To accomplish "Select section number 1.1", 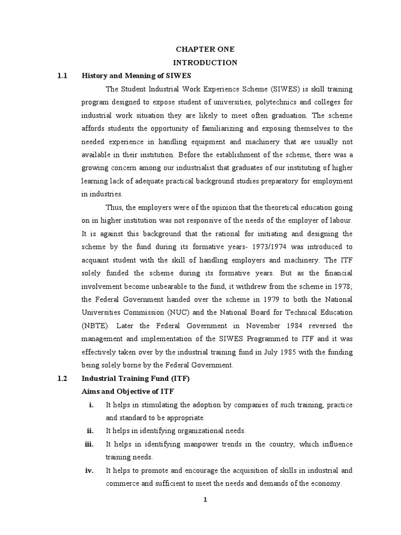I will (63, 76).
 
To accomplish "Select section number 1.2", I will (63, 378).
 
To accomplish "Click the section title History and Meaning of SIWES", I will (135, 76).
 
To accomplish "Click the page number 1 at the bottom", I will (205, 499).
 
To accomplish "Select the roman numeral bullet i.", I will (91, 405).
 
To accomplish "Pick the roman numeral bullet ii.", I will (90, 431).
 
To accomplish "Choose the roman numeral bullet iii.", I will (89, 444).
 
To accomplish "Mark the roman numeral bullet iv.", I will (89, 470).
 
